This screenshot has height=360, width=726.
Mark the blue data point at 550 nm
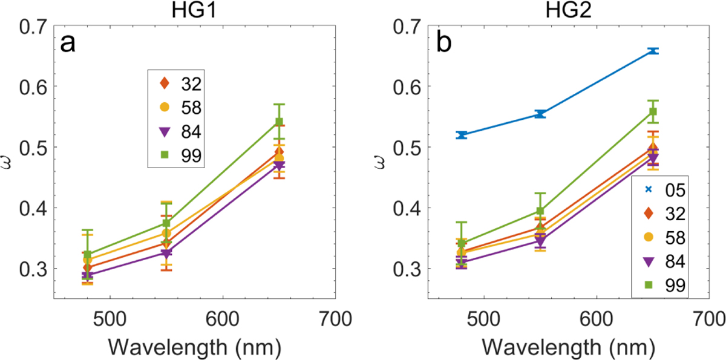click(x=540, y=114)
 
